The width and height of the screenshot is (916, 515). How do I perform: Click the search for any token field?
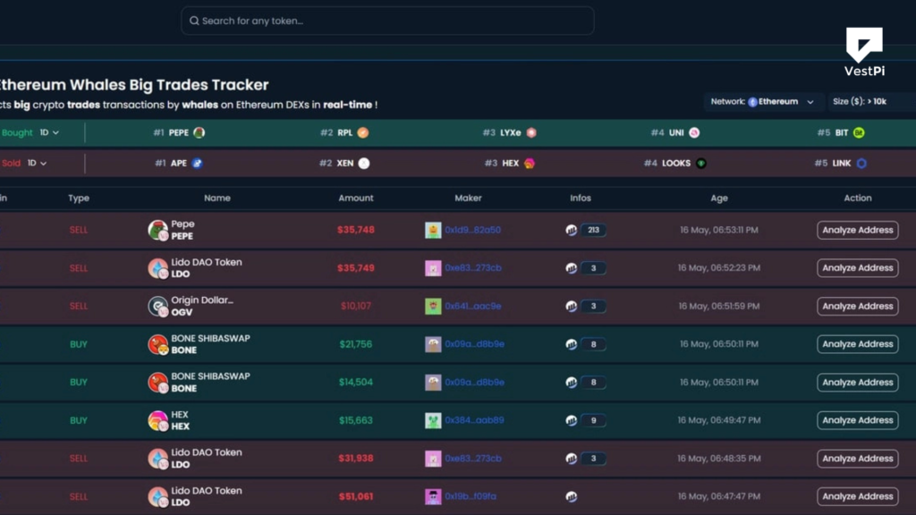(x=386, y=21)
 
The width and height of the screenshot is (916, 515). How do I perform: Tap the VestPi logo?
(x=863, y=51)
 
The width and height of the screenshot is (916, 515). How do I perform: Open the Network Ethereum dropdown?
(x=763, y=102)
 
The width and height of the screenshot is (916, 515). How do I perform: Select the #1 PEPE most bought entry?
(x=179, y=132)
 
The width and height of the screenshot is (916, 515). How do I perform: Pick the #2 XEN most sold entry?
(x=344, y=164)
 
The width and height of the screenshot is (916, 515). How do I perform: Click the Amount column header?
(x=356, y=198)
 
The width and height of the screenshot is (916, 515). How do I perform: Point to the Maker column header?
(x=468, y=198)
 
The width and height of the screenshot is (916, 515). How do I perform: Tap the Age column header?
(x=719, y=198)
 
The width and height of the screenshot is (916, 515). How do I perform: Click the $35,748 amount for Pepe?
(x=355, y=230)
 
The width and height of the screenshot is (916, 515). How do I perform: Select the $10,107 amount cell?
(x=357, y=306)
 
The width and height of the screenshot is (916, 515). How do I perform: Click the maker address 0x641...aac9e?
(x=472, y=306)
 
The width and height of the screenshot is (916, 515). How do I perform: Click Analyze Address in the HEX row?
(x=857, y=420)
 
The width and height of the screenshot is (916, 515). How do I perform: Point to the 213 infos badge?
(x=591, y=230)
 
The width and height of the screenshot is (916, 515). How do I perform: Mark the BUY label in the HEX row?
(x=79, y=420)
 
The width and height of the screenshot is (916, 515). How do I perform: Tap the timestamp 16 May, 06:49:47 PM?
(x=718, y=420)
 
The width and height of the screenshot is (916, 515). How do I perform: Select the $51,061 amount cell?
(x=355, y=496)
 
